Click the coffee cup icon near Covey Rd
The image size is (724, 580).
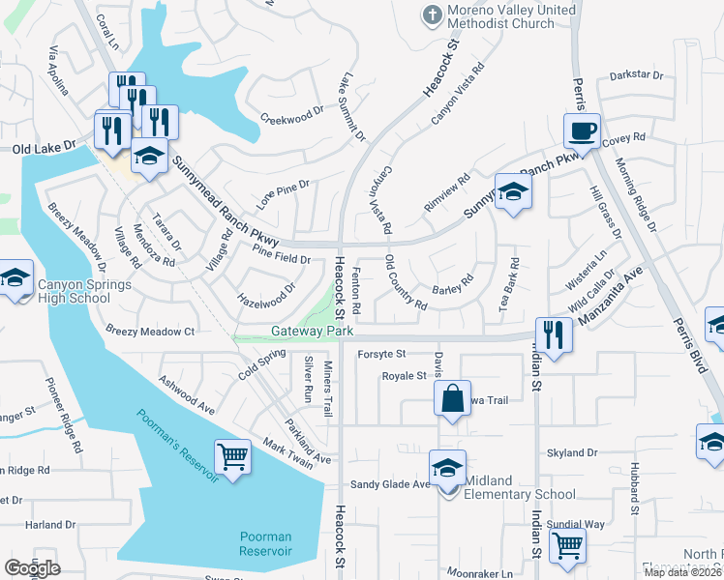click(x=583, y=130)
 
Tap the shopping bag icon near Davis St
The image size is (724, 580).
click(x=452, y=397)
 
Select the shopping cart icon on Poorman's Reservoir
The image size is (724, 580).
click(x=232, y=456)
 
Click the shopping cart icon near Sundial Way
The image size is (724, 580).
click(x=567, y=544)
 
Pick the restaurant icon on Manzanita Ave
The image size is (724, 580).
click(x=553, y=334)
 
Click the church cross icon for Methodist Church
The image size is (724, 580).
click(x=432, y=14)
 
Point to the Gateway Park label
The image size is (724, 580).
click(x=312, y=332)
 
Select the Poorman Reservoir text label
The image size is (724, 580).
click(x=265, y=543)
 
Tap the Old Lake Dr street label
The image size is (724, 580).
click(x=44, y=147)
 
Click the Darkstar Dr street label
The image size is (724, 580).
click(x=637, y=74)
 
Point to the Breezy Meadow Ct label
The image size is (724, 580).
click(x=150, y=331)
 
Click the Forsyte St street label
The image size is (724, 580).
click(x=380, y=354)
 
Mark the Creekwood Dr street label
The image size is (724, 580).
click(x=291, y=116)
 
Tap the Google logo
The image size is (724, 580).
click(x=33, y=568)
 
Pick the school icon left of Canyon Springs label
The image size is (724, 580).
click(x=15, y=280)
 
